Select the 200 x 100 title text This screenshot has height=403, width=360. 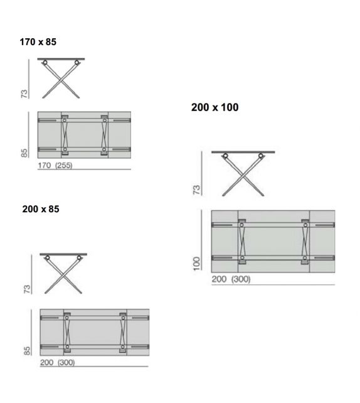[x=214, y=107]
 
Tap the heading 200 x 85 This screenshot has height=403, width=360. [x=41, y=209]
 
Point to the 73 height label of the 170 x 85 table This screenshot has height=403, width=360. [x=25, y=92]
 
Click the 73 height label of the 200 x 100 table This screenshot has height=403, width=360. [x=196, y=188]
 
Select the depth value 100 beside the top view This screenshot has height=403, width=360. [x=196, y=263]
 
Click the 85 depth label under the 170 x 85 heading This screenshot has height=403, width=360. [x=25, y=153]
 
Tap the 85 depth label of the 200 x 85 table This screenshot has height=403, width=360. [x=27, y=349]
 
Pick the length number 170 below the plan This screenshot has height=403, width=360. [x=45, y=166]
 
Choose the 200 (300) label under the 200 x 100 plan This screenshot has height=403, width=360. [x=231, y=279]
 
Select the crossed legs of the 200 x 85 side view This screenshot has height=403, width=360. [x=63, y=275]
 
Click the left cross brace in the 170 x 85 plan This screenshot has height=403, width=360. [x=64, y=134]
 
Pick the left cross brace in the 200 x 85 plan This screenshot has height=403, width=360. [x=67, y=332]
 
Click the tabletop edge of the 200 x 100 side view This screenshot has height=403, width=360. [x=243, y=153]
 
